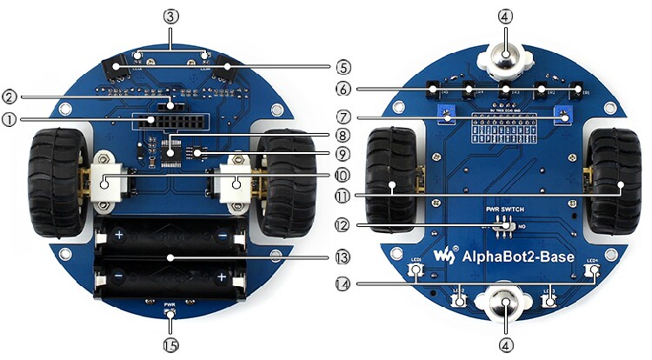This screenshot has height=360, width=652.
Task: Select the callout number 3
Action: pos(170,16)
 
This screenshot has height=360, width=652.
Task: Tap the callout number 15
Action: pos(170,344)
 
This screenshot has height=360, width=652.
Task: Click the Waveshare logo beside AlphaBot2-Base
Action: pos(444,256)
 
